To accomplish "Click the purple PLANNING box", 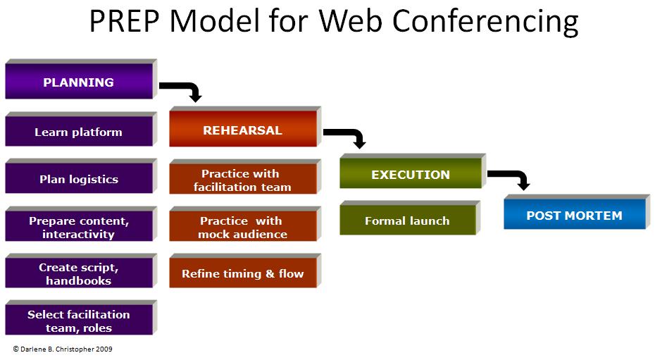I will coord(78,82).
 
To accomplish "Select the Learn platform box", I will coord(78,132).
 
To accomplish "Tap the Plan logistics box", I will coord(78,179).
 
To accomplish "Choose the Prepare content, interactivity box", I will coord(78,227).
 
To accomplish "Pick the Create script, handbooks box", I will coord(78,273).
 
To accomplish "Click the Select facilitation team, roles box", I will coord(78,321).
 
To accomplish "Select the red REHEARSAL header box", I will coord(242,130).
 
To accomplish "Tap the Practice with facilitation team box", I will coord(242,180).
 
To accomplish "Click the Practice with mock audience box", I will coord(242,227).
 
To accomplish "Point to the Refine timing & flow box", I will coord(242,273).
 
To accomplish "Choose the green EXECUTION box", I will coord(411,175).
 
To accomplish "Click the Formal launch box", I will coord(407,221).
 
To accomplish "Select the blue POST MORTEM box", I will coord(574,216).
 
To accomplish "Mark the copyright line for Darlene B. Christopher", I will coord(63,349).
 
